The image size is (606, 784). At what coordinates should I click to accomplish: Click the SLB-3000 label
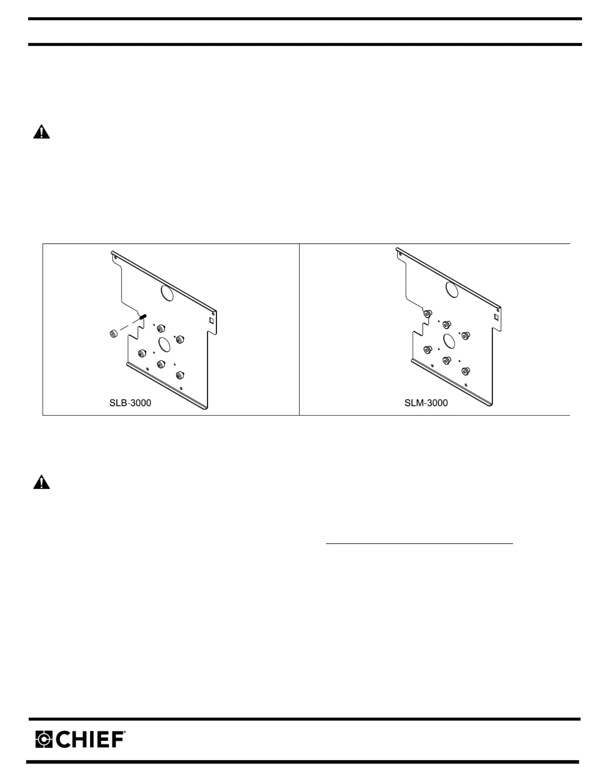(130, 403)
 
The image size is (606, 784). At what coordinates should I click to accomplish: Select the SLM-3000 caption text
(426, 403)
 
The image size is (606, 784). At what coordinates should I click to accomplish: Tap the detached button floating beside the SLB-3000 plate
(114, 334)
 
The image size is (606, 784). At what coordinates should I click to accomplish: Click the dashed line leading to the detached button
(130, 325)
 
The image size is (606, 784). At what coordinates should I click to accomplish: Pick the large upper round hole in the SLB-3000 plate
(167, 293)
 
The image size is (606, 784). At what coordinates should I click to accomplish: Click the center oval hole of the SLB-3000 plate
(164, 344)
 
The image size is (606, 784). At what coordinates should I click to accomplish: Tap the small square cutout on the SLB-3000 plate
(211, 320)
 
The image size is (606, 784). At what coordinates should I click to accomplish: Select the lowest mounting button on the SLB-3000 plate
(180, 375)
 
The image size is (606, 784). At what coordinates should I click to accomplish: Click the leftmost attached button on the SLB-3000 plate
(142, 353)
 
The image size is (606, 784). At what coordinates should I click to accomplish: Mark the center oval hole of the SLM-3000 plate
(449, 341)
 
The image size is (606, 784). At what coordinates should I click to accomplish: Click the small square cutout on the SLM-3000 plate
(496, 317)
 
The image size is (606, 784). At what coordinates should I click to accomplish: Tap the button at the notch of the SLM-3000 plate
(427, 314)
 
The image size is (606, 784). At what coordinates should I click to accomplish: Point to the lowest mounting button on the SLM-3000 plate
(465, 371)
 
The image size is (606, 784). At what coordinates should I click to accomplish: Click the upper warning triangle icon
(41, 132)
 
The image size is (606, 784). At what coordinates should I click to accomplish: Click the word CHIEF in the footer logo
(91, 739)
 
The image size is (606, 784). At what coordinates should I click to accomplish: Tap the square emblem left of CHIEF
(44, 739)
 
